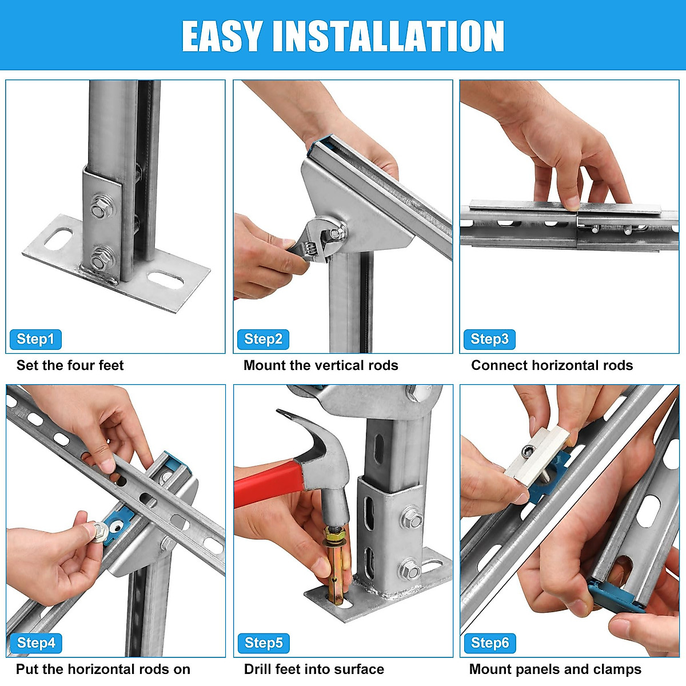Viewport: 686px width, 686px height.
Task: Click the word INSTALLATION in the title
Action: point(389,36)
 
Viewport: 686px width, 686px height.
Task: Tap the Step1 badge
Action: point(35,339)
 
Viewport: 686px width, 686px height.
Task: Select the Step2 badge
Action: point(263,339)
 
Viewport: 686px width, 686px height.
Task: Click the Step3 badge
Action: point(489,339)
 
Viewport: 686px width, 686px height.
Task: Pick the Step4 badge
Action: point(35,643)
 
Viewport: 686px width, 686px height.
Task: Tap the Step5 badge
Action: point(264,643)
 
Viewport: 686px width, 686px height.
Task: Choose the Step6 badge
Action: point(490,643)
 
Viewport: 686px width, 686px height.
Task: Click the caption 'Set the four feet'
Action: point(70,365)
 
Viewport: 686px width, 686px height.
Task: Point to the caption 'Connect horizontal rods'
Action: point(552,365)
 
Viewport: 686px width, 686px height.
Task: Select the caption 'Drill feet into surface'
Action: point(314,669)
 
